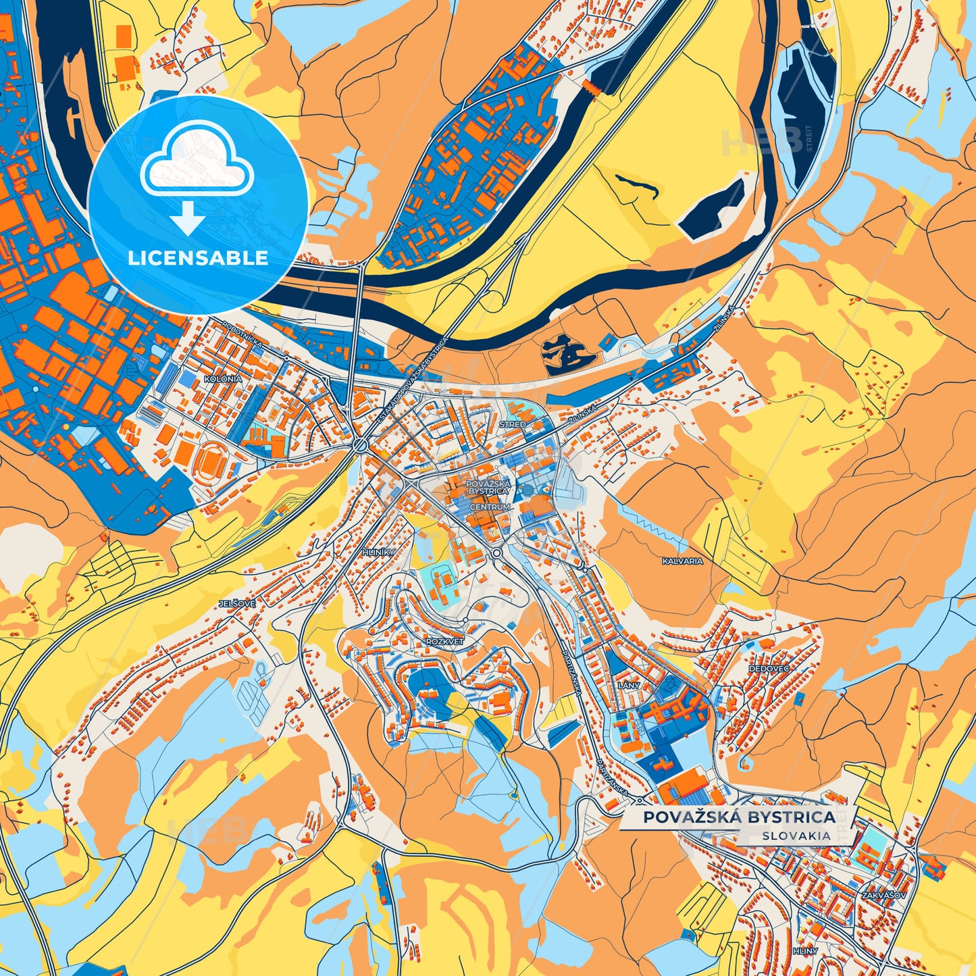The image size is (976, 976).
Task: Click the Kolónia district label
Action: click(223, 379)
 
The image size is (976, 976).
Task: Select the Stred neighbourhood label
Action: click(512, 424)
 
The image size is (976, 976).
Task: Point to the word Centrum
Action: click(490, 507)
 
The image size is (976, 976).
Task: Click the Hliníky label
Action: click(378, 552)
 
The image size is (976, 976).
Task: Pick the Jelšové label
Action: click(237, 603)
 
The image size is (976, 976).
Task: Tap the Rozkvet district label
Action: click(445, 641)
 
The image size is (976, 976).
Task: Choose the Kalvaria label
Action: click(682, 561)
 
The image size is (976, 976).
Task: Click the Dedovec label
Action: click(769, 668)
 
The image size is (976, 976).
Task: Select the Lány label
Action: click(628, 685)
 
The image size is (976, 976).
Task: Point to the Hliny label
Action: click(805, 951)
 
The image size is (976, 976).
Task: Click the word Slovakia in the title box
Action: click(796, 836)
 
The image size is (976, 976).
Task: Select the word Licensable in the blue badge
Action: click(198, 258)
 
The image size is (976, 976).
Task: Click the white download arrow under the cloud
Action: click(188, 217)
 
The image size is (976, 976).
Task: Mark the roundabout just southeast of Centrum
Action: click(498, 553)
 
